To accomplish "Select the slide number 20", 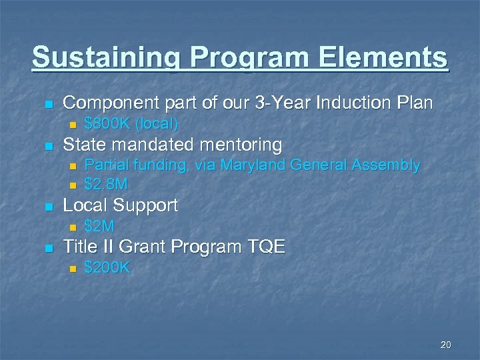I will [446, 345].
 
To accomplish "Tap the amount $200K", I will [107, 268].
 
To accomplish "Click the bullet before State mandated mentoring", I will [47, 146].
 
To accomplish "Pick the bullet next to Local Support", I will [47, 207].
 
